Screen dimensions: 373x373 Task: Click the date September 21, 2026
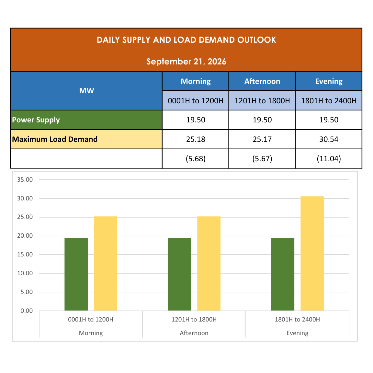coord(186,62)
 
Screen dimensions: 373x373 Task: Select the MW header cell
coord(86,91)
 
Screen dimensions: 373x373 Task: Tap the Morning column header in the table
coord(196,81)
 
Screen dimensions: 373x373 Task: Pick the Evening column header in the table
coord(329,81)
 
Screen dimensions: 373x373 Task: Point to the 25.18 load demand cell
coord(196,139)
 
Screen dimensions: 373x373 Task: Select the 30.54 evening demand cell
coord(329,139)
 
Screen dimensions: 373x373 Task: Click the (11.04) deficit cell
coord(329,158)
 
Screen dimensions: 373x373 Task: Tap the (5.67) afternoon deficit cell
coord(262,158)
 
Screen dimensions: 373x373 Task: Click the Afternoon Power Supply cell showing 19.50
coord(262,120)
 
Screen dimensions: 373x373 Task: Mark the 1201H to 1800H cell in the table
coord(262,101)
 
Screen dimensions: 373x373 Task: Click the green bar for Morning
coord(76,274)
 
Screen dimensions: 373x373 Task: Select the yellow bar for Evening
coord(312,253)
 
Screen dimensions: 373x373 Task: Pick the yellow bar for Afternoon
coord(209,264)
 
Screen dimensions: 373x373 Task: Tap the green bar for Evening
coord(283,274)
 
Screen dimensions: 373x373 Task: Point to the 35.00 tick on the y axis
coord(25,180)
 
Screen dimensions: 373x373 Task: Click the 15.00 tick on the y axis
coord(25,254)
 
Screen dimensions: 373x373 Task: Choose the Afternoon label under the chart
coord(194,333)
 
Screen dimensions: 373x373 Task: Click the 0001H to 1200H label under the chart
coord(91,319)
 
